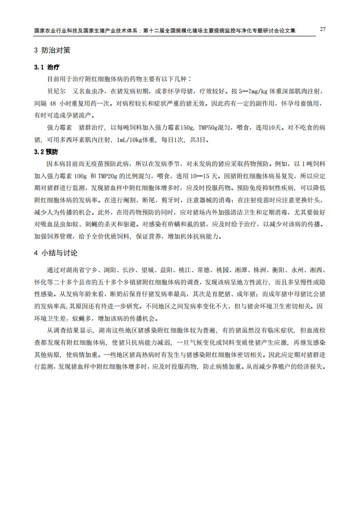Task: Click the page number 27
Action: point(322,29)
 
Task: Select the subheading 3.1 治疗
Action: point(47,67)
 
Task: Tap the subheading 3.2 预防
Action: point(46,152)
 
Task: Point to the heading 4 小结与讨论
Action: point(56,253)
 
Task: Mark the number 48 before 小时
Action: point(53,103)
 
